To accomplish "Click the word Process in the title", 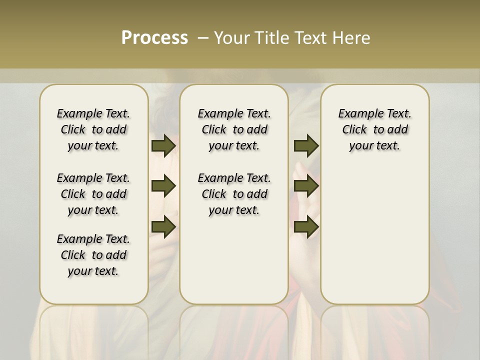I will pos(154,37).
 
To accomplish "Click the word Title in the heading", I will pos(273,38).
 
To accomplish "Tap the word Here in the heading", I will pos(351,38).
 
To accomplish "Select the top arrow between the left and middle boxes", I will pos(163,145).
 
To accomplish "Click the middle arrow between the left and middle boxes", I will pos(163,186).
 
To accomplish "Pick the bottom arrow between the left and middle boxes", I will pos(163,227).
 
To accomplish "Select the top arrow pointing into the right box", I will pos(306,145).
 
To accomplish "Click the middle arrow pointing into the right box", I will pos(306,186).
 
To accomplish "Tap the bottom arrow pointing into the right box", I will pos(306,227).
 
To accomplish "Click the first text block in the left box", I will pos(93,129).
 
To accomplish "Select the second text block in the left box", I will pos(93,194).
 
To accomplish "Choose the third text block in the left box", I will pos(93,255).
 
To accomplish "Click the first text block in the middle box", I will pos(234,129).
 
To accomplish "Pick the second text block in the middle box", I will pos(234,194).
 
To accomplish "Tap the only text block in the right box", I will pos(375,129).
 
